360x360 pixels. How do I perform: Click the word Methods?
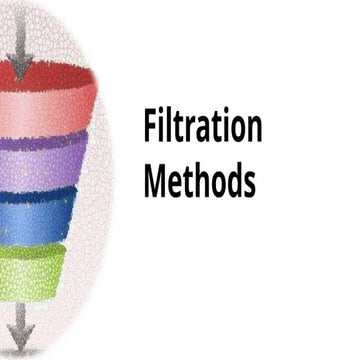[x=199, y=181]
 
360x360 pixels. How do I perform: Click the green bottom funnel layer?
[x=36, y=265]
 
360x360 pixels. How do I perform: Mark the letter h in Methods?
[x=197, y=181]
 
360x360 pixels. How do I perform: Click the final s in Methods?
[x=248, y=184]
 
